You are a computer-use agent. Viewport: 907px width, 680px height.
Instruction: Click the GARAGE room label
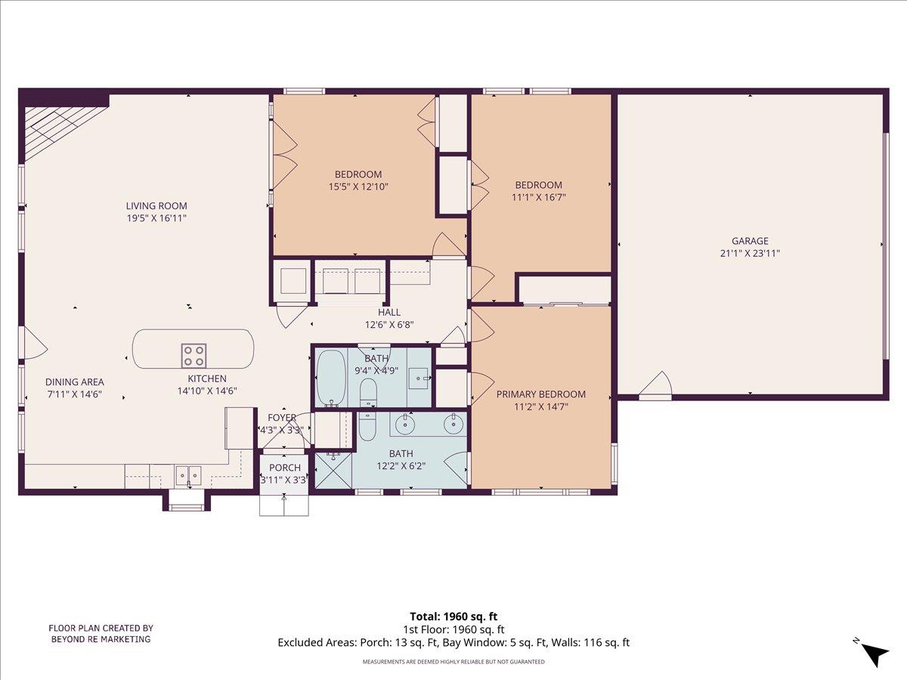coord(750,241)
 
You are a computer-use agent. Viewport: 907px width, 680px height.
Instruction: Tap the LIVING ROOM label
coord(156,206)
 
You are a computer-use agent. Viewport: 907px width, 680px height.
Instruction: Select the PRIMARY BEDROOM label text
coord(540,394)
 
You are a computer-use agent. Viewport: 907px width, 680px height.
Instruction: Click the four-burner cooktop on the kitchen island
coord(193,354)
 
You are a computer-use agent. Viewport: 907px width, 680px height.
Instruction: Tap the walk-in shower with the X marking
coord(333,469)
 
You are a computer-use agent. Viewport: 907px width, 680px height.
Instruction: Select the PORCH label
coord(285,468)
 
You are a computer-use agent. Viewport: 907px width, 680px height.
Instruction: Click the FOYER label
coord(283,417)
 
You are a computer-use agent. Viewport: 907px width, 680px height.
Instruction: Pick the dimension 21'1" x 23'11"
coord(750,254)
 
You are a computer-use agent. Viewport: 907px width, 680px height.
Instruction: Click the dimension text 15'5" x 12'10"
coord(358,186)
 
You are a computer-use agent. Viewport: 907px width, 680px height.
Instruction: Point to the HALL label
coord(389,312)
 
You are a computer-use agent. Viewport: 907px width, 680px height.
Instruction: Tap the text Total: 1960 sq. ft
coord(453,617)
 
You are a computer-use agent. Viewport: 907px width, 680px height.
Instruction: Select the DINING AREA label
coord(74,382)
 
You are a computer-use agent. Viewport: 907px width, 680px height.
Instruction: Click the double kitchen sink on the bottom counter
coord(188,474)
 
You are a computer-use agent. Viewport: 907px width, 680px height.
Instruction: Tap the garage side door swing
coord(656,385)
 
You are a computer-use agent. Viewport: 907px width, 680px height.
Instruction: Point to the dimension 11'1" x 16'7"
coord(538,197)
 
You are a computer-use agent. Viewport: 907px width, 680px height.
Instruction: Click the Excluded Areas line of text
coord(453,643)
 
